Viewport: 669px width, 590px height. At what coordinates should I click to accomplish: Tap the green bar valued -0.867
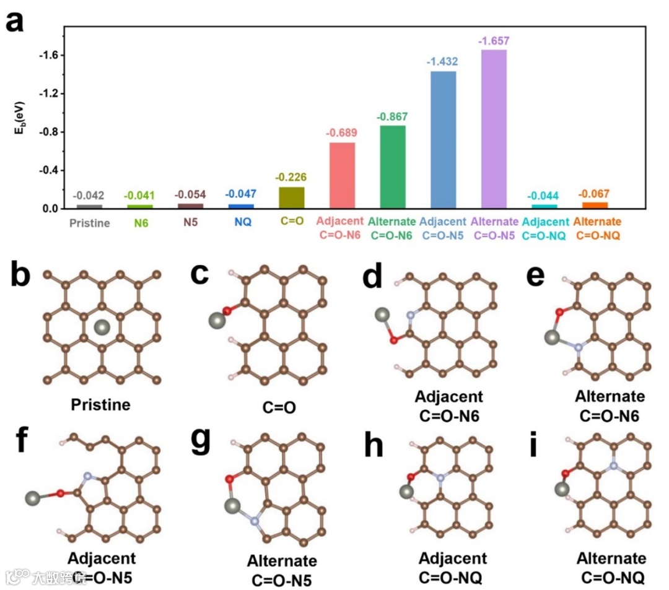point(392,167)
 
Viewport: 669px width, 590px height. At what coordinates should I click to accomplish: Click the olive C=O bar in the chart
point(291,197)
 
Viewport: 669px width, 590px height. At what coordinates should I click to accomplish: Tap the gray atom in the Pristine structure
point(103,326)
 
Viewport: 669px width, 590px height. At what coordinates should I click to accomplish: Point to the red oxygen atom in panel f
point(61,493)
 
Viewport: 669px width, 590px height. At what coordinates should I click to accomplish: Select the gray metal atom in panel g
point(233,505)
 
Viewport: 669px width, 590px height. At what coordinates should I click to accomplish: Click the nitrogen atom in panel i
point(613,465)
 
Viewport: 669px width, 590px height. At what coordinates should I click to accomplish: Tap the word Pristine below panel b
point(101,406)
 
